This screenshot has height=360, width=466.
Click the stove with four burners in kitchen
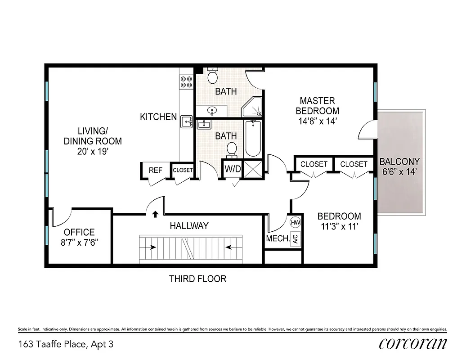tap(186, 81)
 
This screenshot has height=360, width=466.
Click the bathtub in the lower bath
tap(253, 138)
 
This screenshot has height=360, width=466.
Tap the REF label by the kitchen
tap(156, 170)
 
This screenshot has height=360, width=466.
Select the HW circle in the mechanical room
tap(296, 222)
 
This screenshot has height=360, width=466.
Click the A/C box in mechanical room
tap(296, 239)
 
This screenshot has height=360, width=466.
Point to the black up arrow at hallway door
tap(156, 214)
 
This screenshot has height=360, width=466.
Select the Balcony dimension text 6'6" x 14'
tap(399, 171)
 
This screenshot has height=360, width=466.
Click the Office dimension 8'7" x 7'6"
tap(79, 242)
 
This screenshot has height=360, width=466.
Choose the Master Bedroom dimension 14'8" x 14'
tap(318, 121)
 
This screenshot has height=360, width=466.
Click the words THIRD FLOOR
tap(197, 279)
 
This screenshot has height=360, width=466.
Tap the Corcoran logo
tap(413, 344)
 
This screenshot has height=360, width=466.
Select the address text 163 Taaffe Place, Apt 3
tap(66, 345)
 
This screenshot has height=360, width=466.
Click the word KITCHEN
tap(158, 117)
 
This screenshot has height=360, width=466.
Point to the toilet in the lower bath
tap(232, 149)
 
